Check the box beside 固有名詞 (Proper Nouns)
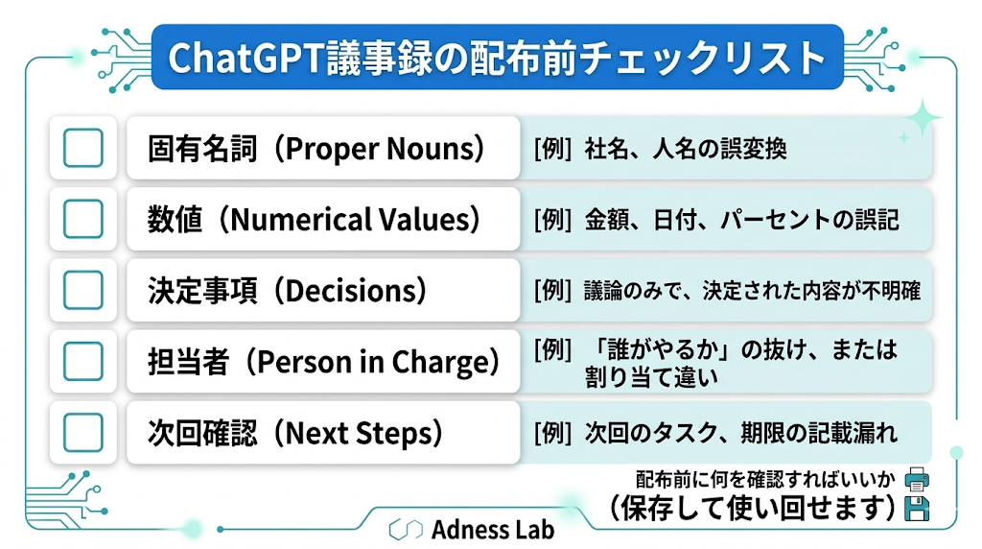point(83,148)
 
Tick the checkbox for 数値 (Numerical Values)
point(83,219)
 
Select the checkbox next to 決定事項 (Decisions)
point(83,290)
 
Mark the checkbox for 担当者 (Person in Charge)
point(83,361)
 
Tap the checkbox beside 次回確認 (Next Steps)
point(83,433)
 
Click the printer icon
point(917,480)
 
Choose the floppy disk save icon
point(917,509)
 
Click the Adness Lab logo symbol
point(406,530)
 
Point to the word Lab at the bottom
point(534,530)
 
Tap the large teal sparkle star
point(922,118)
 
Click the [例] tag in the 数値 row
point(552,220)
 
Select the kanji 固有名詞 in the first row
point(202,149)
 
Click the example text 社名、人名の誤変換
point(686,149)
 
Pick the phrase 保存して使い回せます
point(755,509)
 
